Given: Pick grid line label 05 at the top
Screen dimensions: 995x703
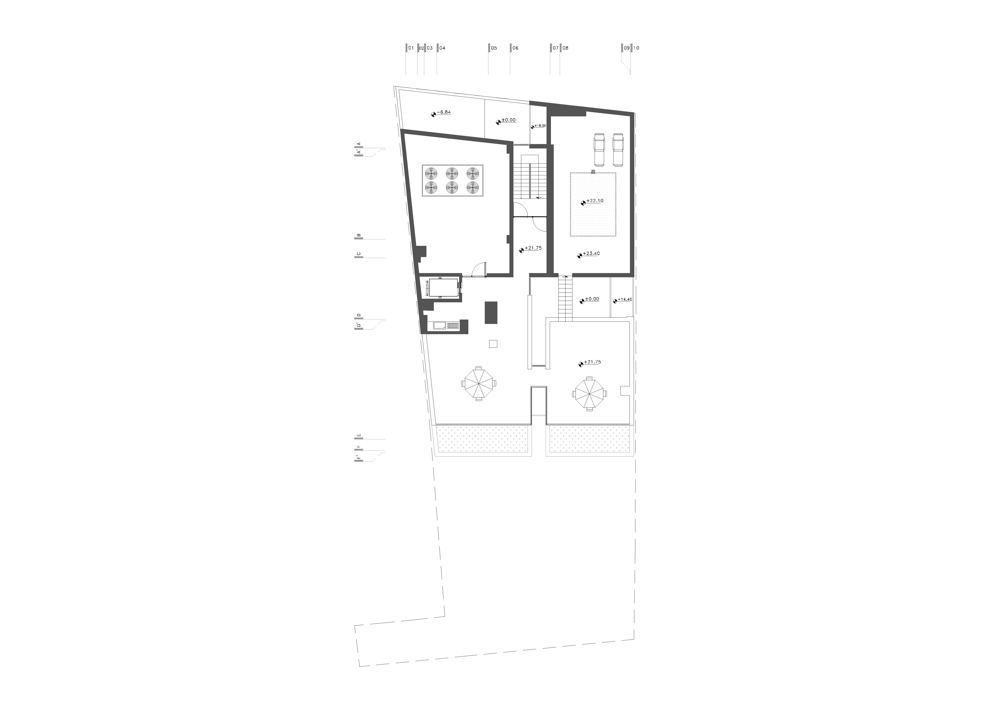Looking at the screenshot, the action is [494, 48].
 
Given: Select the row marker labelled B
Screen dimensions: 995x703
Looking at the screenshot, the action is [358, 236].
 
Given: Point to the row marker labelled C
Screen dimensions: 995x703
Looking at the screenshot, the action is [358, 254].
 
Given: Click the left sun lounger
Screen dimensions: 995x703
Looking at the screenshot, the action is [598, 150].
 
